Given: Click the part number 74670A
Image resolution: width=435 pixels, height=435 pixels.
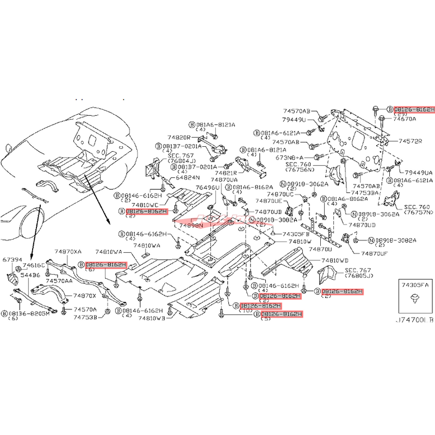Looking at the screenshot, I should pos(404,119).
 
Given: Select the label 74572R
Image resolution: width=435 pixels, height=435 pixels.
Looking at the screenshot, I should pos(411,141).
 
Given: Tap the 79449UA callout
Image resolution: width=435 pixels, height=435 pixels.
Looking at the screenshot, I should pos(417,173).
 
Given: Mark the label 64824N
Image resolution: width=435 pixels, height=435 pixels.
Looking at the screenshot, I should pos(188,178).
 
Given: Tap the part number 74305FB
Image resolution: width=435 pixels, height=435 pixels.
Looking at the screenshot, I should pos(296,233).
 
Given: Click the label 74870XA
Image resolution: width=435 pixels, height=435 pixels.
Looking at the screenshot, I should pos(68,252).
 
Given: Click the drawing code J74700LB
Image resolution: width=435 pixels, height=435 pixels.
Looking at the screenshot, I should pos(414,320).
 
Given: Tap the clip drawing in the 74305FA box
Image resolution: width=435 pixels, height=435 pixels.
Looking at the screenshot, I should pos(415,299).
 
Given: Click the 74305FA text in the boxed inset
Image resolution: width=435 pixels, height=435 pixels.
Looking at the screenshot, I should pos(415,284).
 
